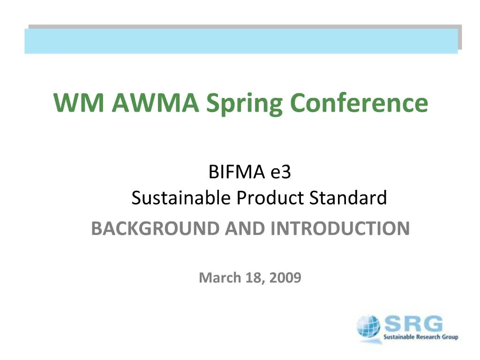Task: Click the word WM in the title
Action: pyautogui.click(x=79, y=103)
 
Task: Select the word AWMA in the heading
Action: pyautogui.click(x=155, y=103)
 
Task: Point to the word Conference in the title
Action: pyautogui.click(x=359, y=103)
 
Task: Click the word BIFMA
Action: pyautogui.click(x=236, y=173)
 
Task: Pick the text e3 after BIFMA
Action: pyautogui.click(x=281, y=173)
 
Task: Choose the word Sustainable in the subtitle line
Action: pyautogui.click(x=181, y=198)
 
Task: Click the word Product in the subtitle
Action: pyautogui.click(x=270, y=198)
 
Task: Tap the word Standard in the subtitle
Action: pyautogui.click(x=348, y=198)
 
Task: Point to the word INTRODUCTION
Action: pyautogui.click(x=341, y=229)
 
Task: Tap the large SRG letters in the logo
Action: pyautogui.click(x=412, y=324)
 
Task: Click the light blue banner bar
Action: pyautogui.click(x=241, y=41)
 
